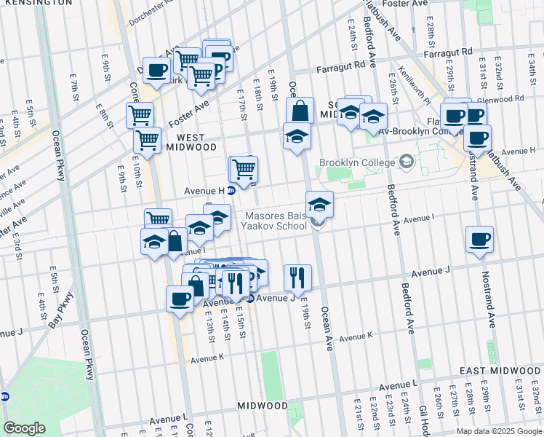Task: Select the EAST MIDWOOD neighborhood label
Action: pos(501,371)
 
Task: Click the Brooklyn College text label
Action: pos(359,162)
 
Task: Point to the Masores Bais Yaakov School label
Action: pos(276,221)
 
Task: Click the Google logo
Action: pos(23,428)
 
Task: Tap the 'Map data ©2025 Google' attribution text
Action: pos(498,431)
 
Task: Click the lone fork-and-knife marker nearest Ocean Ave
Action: pos(297,276)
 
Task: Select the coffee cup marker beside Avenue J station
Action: pos(180,297)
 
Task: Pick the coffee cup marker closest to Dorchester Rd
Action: pos(156,70)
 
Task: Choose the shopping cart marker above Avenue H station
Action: pos(244,169)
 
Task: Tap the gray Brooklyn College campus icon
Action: pos(407,162)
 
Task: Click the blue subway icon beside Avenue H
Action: pos(231,191)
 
